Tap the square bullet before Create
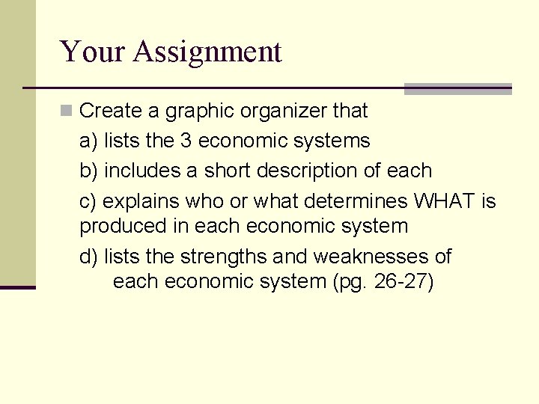(x=66, y=111)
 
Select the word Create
(x=111, y=111)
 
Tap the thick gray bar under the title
(x=457, y=89)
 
